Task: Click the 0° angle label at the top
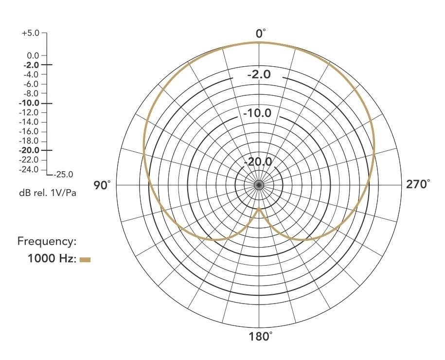tap(261, 34)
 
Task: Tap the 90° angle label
tap(102, 185)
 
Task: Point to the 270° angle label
tap(418, 184)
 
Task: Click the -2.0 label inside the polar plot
tap(259, 75)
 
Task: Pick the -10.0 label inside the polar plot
tap(259, 114)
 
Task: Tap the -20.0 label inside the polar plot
tap(259, 162)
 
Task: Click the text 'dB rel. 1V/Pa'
tap(48, 192)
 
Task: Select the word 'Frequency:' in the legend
tap(47, 241)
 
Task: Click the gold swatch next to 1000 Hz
tap(85, 260)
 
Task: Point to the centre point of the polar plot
tap(259, 185)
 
